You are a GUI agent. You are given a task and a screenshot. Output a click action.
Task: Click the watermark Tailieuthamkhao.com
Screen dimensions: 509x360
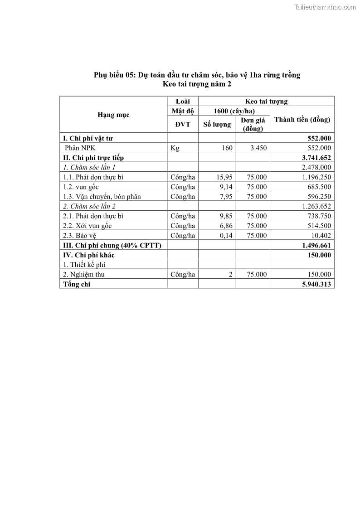(x=325, y=7)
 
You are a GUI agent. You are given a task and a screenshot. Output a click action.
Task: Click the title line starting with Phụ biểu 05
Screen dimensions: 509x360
(x=197, y=75)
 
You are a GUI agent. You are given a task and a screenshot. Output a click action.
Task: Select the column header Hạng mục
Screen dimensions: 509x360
(x=113, y=115)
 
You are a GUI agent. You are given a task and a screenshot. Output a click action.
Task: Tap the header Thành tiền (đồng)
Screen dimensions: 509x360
(x=302, y=120)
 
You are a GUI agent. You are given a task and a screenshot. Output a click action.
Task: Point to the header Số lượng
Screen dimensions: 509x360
(x=217, y=124)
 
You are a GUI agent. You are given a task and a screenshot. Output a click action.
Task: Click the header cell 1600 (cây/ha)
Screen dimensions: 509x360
(x=234, y=111)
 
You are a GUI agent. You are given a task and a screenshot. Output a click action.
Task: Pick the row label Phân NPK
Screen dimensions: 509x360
(x=80, y=148)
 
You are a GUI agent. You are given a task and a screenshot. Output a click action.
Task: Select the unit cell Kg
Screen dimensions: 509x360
(x=175, y=148)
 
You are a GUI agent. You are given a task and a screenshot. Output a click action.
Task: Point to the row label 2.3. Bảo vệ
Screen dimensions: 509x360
(x=80, y=235)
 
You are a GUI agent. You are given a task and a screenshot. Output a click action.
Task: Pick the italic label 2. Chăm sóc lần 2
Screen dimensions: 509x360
(x=90, y=206)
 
